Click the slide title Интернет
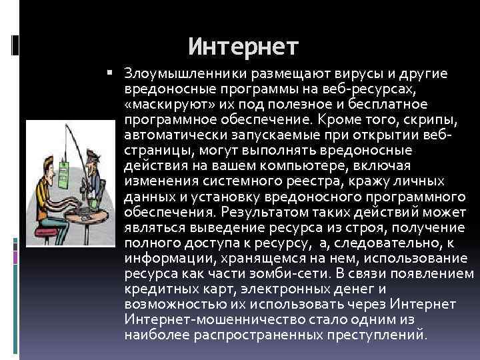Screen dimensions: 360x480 click(x=243, y=47)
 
